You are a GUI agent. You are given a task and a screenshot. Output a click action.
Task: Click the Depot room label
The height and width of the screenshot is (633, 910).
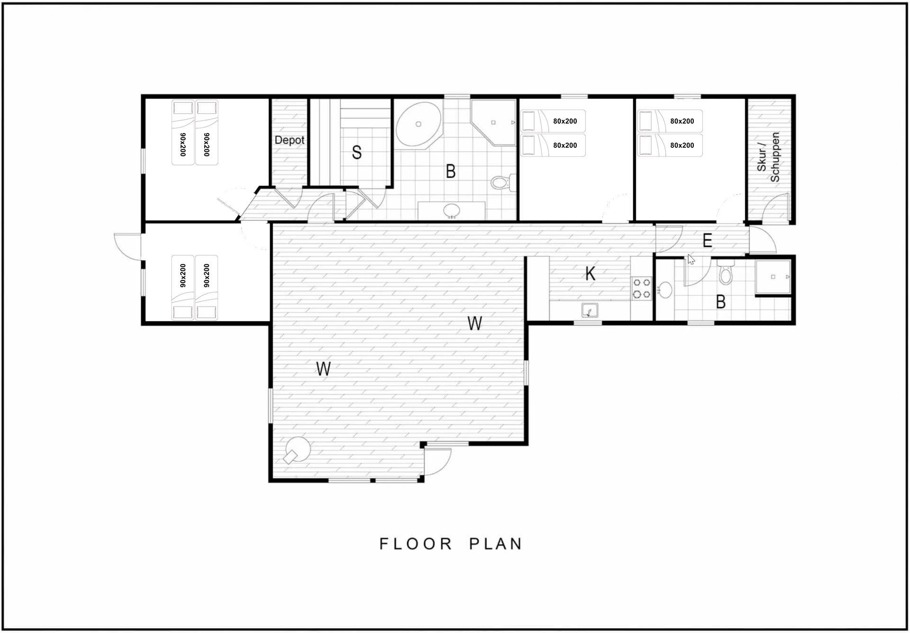click(x=289, y=140)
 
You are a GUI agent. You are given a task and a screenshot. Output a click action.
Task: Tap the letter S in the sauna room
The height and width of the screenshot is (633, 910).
click(x=357, y=152)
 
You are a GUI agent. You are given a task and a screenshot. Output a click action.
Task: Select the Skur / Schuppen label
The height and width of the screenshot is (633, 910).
click(x=768, y=157)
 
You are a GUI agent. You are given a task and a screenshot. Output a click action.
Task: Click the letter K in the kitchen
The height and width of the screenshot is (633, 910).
click(x=590, y=273)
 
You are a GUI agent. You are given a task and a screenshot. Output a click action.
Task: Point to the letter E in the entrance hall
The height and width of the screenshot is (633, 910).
click(x=707, y=241)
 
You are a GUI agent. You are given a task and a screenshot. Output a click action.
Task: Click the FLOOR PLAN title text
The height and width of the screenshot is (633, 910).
click(x=451, y=543)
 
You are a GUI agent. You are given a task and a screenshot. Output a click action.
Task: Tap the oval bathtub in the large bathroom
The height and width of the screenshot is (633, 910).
click(x=419, y=124)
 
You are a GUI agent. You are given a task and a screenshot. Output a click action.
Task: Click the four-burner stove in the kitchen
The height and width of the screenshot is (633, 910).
click(x=641, y=289)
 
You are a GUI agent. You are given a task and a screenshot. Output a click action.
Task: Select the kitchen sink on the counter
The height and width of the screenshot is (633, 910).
click(x=590, y=310)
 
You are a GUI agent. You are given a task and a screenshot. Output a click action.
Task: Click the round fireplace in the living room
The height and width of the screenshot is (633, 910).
click(x=297, y=449)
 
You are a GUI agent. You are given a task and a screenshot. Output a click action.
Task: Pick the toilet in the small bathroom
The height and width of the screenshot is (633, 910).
click(x=725, y=272)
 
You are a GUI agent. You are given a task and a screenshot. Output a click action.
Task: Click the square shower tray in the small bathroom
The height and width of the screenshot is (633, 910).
click(x=773, y=277)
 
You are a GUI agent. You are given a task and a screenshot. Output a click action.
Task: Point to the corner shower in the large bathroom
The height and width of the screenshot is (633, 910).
click(x=493, y=122)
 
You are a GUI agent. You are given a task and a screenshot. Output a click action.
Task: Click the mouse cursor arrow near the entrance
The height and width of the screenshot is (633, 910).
click(x=692, y=260)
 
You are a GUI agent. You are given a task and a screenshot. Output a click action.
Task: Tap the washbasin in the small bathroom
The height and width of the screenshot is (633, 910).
click(x=665, y=290)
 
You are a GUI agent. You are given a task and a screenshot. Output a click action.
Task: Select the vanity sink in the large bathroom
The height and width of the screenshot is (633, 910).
click(x=452, y=210)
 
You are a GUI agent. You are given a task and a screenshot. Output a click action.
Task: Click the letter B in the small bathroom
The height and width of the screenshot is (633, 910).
click(x=721, y=302)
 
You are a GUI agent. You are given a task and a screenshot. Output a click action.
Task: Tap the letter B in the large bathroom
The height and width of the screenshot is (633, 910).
click(x=451, y=171)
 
